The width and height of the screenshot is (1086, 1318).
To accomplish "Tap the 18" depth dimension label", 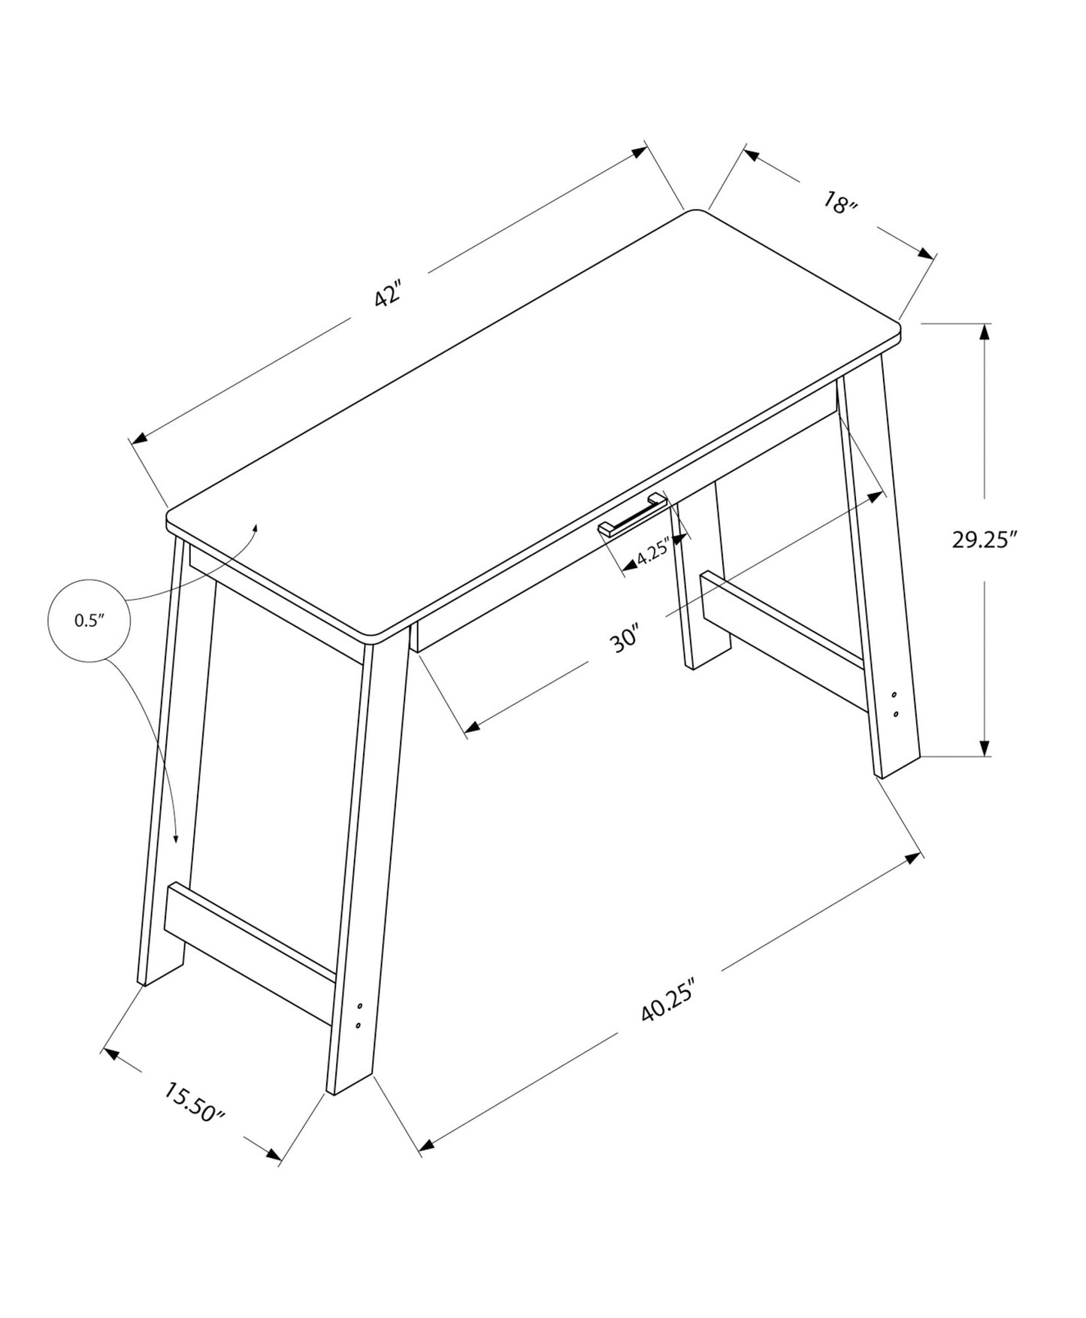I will [839, 204].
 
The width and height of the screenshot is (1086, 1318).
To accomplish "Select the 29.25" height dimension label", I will [984, 539].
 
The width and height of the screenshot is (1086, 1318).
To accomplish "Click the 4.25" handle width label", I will [652, 555].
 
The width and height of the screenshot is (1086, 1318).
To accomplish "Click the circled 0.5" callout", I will [89, 621].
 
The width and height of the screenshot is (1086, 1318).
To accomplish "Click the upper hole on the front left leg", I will [360, 1005].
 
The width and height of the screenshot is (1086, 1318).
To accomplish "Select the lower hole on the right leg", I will [895, 712].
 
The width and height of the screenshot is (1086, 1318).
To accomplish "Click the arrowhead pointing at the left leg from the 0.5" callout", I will [177, 839].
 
